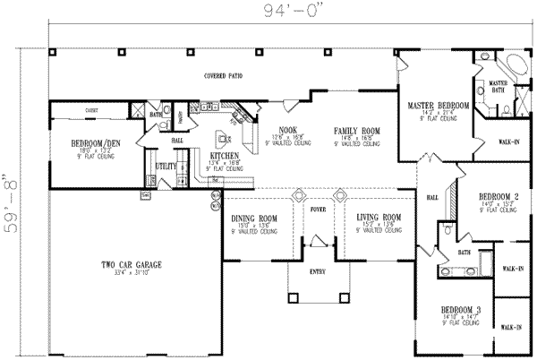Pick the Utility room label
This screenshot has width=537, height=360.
click(x=166, y=166)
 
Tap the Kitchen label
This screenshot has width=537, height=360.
click(x=224, y=155)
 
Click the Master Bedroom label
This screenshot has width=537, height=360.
click(x=439, y=106)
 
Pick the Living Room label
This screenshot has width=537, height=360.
click(x=377, y=219)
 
